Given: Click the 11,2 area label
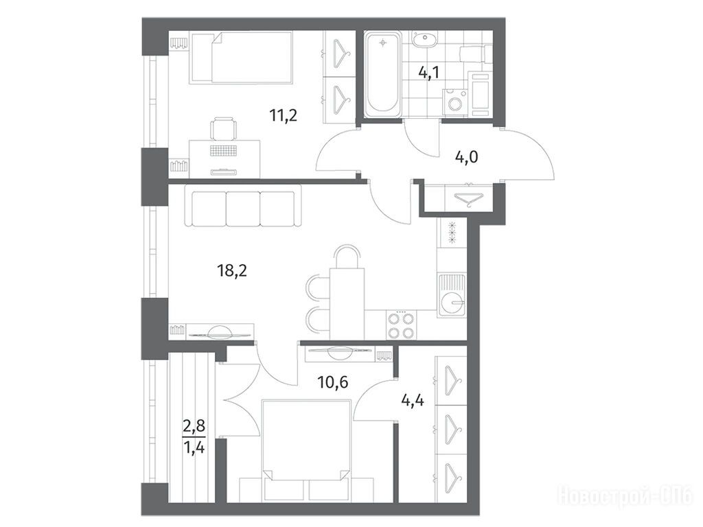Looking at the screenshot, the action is pyautogui.click(x=284, y=116).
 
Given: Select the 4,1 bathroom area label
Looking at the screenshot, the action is pyautogui.click(x=429, y=73).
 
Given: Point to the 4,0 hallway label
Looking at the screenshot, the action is pyautogui.click(x=466, y=157).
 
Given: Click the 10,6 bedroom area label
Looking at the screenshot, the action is pyautogui.click(x=333, y=382).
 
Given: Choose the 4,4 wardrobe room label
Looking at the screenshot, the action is pyautogui.click(x=413, y=399).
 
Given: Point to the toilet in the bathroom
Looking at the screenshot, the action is pyautogui.click(x=476, y=54).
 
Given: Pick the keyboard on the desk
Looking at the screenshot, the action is pyautogui.click(x=223, y=150).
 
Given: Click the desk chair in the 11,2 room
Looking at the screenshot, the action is pyautogui.click(x=223, y=128).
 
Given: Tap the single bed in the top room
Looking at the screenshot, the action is pyautogui.click(x=242, y=58).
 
